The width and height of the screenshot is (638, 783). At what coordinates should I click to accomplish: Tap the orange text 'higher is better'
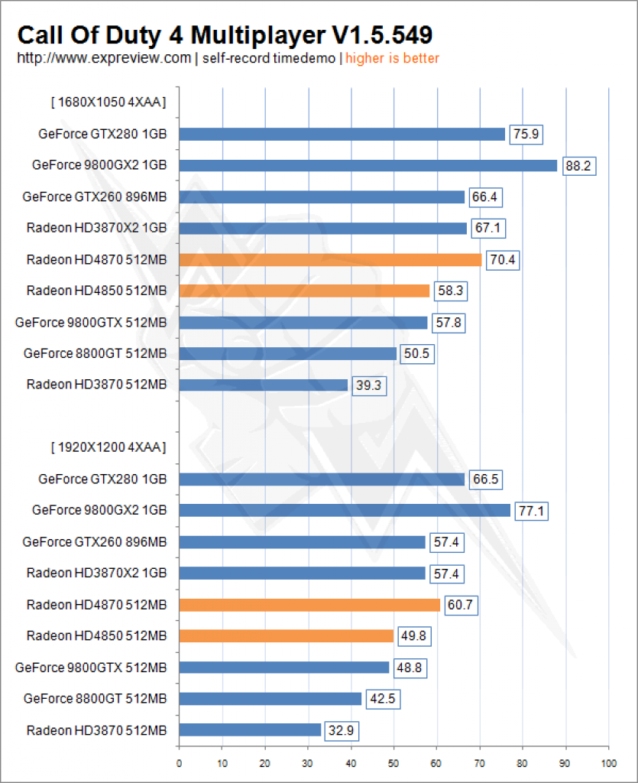point(392,58)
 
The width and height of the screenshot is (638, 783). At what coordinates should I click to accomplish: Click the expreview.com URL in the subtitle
point(104,58)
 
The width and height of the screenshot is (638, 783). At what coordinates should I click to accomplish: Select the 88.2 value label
point(578,166)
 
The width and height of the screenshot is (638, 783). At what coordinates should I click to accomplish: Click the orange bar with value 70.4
point(330,260)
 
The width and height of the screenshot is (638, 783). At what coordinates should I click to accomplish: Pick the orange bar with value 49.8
point(287,635)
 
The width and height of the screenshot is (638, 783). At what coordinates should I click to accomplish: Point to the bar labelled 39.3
point(264,385)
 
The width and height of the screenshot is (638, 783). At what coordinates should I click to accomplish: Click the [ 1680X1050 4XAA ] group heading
point(108,102)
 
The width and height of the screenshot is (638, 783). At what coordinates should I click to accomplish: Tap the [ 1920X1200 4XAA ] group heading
point(108,447)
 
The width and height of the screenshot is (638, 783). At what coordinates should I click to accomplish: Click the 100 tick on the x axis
point(608,764)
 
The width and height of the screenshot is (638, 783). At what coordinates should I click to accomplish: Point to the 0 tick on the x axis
point(179,764)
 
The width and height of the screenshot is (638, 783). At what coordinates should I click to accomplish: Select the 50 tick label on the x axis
point(393,764)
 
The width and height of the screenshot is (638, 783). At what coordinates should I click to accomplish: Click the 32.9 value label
point(342,731)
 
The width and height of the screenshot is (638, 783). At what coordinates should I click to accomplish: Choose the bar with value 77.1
point(345,510)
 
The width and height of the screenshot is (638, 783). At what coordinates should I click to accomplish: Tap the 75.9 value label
point(526,135)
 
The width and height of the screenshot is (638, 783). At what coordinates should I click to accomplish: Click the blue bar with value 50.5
point(288,353)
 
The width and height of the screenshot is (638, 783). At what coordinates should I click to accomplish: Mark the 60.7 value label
point(461,606)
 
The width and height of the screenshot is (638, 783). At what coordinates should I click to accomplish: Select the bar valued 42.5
point(270,699)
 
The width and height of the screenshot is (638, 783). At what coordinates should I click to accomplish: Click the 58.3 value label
point(451,291)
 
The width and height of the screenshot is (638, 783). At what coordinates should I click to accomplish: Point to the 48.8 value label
point(410,668)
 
